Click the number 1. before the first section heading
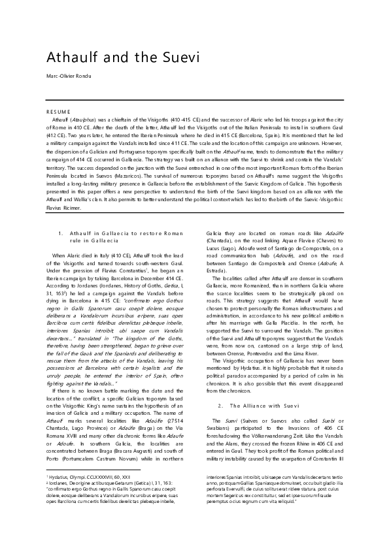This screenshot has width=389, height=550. click(60, 233)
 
